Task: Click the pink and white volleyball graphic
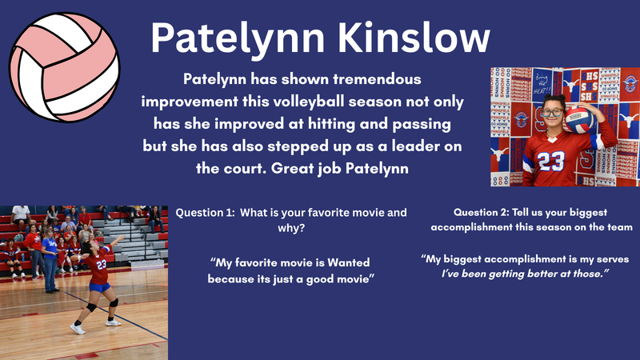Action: click(64, 62)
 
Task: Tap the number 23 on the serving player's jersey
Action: click(101, 265)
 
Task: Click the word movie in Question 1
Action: click(364, 213)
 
